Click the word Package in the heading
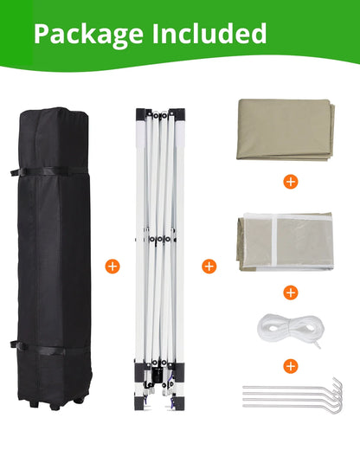coord(88,35)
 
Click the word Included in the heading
coord(209,34)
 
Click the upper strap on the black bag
coord(49,171)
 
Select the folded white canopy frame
coord(160,259)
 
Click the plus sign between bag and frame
coord(112,266)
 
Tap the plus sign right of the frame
coord(209,266)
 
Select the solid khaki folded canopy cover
coord(286,130)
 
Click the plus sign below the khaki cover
coord(291,182)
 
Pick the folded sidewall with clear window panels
coord(286,241)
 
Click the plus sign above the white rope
coord(291,292)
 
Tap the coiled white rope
coord(290,330)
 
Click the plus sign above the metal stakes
coord(291,366)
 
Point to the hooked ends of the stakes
coord(337,395)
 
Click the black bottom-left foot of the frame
coord(139,402)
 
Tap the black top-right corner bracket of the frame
coord(177,114)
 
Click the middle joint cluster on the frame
coord(158,240)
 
